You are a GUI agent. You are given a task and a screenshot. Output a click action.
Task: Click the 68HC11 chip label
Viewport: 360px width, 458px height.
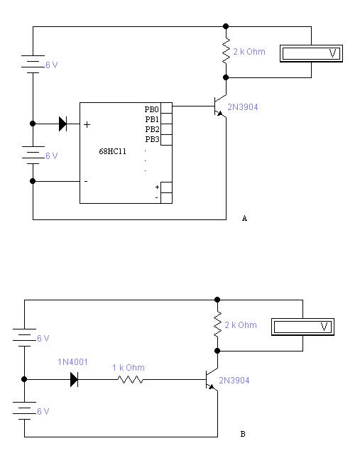pos(112,151)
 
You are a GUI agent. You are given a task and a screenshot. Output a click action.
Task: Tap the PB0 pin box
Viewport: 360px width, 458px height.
pos(166,108)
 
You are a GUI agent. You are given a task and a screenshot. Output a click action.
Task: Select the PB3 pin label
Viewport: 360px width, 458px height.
pos(152,139)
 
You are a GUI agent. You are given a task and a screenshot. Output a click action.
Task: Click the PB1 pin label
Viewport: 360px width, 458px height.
pos(152,119)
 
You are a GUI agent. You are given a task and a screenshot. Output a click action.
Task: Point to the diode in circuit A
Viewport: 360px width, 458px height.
pos(62,124)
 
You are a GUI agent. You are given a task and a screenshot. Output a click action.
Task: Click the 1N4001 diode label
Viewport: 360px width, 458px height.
pos(72,362)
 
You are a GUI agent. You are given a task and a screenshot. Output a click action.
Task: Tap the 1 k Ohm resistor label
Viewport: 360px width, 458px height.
pos(129,367)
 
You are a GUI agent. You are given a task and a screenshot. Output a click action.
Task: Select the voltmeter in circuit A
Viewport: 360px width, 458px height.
pos(311,53)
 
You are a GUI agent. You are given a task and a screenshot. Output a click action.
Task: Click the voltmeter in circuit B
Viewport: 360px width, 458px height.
pos(302,327)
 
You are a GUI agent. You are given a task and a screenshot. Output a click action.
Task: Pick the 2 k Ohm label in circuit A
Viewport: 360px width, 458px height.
pos(249,52)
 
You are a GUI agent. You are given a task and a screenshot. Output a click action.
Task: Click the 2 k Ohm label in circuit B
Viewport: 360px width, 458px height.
pos(241,325)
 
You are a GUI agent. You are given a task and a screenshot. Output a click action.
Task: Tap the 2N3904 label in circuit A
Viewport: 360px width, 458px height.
pos(243,107)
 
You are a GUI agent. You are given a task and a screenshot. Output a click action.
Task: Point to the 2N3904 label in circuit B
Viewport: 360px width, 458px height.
pos(234,381)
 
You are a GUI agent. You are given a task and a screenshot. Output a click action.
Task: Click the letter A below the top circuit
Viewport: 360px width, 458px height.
pos(245,218)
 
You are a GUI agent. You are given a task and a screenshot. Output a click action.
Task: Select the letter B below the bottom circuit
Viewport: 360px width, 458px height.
pos(243,434)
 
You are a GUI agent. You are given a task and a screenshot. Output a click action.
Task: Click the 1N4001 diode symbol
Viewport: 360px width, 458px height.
pos(74,380)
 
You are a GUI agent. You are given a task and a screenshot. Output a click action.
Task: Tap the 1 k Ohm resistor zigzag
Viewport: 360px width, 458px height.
pos(130,379)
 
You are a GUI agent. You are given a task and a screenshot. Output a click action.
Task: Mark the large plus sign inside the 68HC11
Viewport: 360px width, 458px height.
pos(87,125)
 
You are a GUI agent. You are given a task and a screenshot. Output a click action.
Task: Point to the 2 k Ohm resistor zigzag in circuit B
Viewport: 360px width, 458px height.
pos(217,324)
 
